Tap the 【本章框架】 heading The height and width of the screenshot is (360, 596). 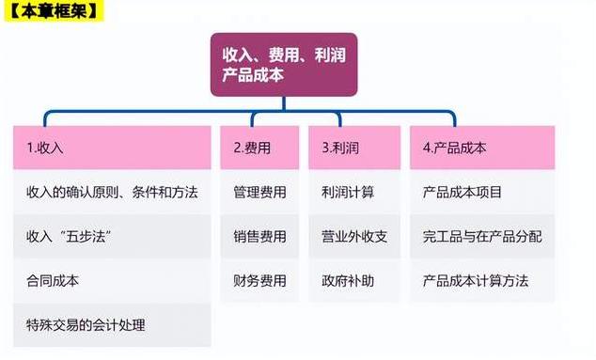(54, 13)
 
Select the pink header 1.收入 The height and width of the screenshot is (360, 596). (112, 148)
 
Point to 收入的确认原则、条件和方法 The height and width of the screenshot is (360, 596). (112, 192)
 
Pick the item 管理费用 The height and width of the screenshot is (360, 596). (259, 192)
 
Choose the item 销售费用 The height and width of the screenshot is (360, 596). (259, 236)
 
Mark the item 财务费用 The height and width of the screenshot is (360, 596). (259, 280)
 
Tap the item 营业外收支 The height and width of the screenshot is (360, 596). (353, 236)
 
